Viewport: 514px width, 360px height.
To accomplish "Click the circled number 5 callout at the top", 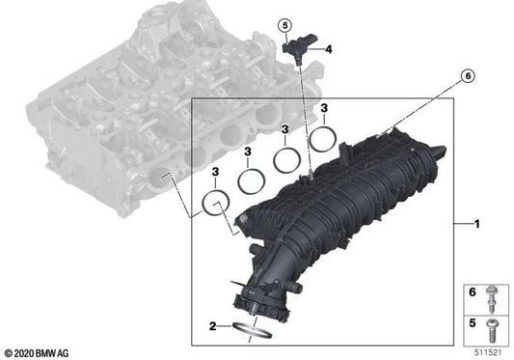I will (284, 24).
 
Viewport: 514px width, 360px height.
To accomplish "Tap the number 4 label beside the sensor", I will (329, 49).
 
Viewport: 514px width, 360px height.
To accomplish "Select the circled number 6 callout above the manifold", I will (469, 74).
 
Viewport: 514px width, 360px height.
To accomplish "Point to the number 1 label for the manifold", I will (475, 224).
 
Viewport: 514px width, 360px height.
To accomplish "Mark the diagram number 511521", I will (488, 350).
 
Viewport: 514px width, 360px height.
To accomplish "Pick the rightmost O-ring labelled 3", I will (324, 139).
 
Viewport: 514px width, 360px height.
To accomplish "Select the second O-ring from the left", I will (253, 180).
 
